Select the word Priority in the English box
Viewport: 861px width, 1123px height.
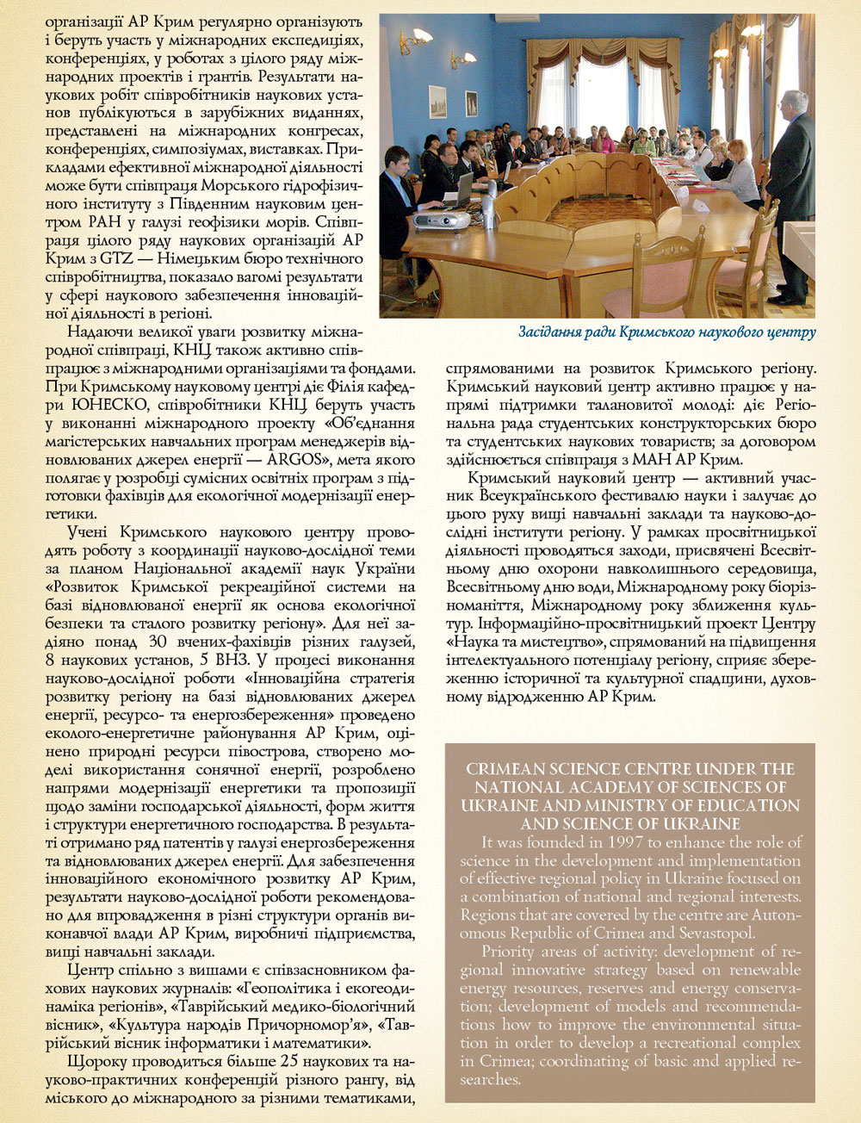[509, 952]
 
